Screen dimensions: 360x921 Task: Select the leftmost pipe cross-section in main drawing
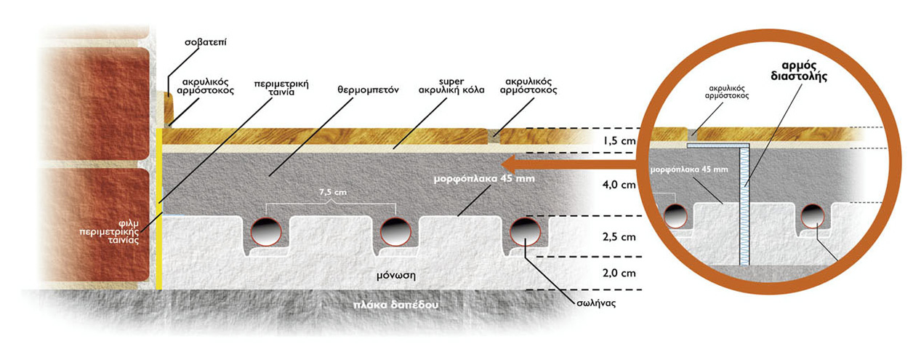coord(266,231)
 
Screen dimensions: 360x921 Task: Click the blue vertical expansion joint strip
coord(743,207)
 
